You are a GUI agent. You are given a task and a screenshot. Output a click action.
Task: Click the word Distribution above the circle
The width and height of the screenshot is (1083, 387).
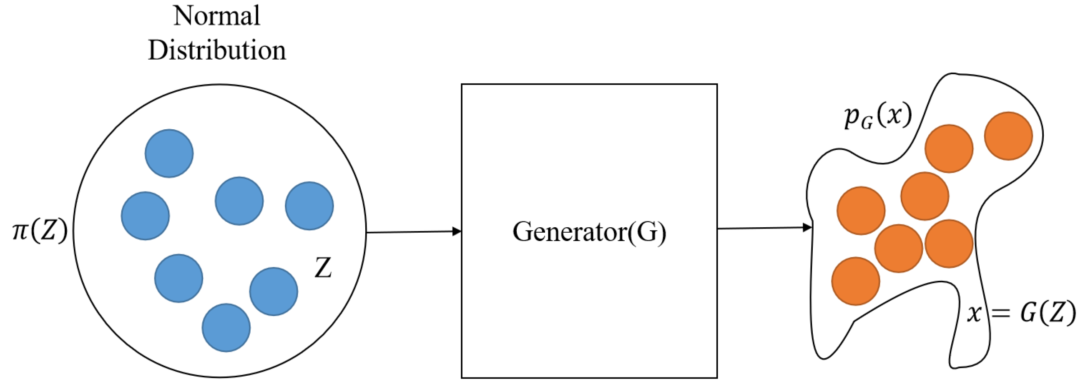(216, 50)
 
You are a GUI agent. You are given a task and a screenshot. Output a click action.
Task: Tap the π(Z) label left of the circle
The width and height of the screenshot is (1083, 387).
(40, 231)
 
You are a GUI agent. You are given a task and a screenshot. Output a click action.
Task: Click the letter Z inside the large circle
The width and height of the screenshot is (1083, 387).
(323, 268)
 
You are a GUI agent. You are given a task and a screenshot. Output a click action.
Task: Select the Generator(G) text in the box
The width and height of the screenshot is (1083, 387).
(589, 232)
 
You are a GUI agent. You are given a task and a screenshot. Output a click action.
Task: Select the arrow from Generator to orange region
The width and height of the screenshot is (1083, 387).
(761, 229)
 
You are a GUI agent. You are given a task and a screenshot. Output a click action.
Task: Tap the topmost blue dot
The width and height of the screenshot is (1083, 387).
(169, 153)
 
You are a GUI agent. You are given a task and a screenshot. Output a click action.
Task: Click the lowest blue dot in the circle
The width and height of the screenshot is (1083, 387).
(226, 328)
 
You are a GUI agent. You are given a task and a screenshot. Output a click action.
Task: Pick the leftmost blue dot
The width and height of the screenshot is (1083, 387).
(146, 216)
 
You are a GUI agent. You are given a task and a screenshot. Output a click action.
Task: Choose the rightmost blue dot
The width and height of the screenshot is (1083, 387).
(309, 206)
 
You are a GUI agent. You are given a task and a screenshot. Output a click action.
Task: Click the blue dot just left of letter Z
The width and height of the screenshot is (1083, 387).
(274, 291)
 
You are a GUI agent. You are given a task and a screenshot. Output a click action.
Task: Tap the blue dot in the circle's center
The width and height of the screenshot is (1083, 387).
(239, 201)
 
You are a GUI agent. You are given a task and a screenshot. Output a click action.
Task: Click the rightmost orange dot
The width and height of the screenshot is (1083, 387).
(1009, 136)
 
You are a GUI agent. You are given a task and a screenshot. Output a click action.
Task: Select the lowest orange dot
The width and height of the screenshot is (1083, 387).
(856, 281)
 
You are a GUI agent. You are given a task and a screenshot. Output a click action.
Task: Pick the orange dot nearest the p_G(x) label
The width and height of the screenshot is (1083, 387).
(949, 148)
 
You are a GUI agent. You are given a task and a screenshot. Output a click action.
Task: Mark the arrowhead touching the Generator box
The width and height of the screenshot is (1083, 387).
(457, 231)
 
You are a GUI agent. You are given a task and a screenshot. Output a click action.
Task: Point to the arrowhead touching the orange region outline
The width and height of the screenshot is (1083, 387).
(807, 228)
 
